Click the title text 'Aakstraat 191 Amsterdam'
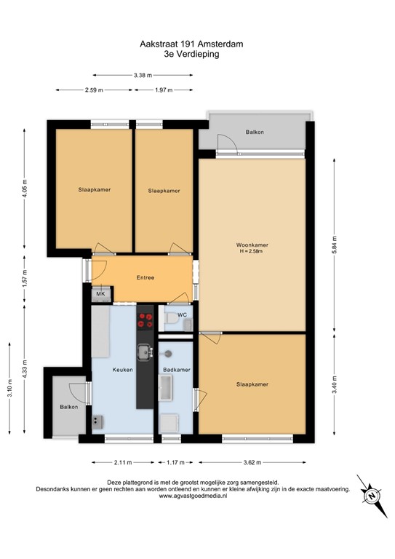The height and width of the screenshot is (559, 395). [191, 44]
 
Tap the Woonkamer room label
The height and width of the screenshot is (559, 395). [252, 245]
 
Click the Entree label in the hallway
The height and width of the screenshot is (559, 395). [145, 278]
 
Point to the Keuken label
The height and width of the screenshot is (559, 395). [122, 370]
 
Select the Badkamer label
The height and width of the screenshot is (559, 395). [177, 370]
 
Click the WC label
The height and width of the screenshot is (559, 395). [183, 315]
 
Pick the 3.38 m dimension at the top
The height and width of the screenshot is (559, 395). [143, 74]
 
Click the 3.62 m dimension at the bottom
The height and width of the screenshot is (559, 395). [252, 461]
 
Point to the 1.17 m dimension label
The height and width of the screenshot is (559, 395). [176, 461]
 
